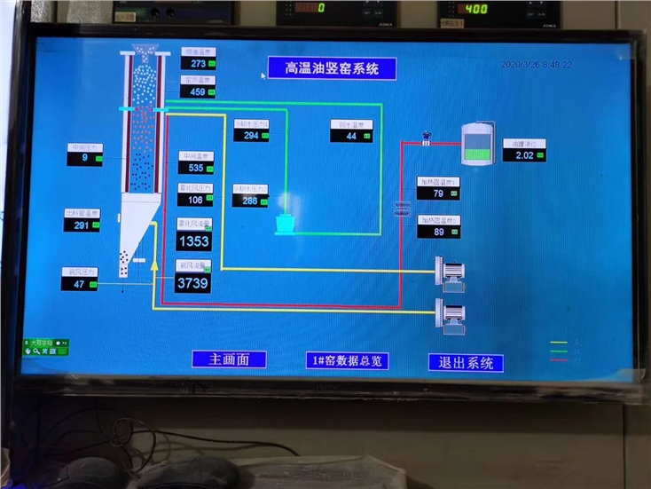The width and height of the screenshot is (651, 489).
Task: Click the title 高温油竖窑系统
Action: (x=332, y=68)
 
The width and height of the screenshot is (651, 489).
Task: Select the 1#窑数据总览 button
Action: (x=349, y=360)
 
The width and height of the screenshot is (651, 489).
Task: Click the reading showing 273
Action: (x=199, y=64)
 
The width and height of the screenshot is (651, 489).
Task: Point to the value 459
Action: (x=199, y=91)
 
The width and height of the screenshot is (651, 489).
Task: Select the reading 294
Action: (x=252, y=136)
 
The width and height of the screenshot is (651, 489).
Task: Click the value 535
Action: (x=197, y=168)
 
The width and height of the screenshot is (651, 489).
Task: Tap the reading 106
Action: (x=197, y=200)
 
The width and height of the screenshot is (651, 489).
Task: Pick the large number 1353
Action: (x=193, y=241)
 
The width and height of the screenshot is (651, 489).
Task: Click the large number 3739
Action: (x=193, y=283)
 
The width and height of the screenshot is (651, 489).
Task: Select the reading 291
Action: (x=82, y=225)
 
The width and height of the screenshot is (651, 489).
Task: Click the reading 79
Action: (x=439, y=193)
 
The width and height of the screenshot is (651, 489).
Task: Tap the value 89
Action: (x=439, y=232)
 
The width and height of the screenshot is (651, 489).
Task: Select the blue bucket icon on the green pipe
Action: (x=286, y=225)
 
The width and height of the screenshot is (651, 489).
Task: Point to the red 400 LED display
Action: (x=476, y=9)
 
